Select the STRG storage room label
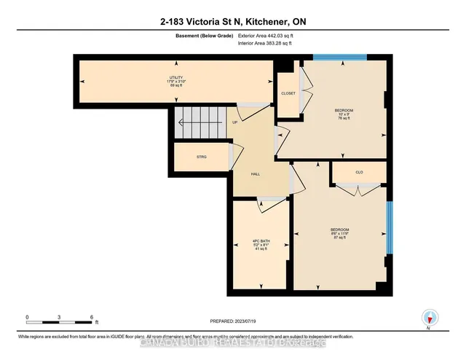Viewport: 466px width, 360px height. pyautogui.click(x=201, y=157)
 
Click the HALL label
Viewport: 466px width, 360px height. pyautogui.click(x=256, y=174)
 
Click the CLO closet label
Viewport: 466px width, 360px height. pyautogui.click(x=359, y=172)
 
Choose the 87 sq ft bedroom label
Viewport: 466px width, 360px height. pyautogui.click(x=340, y=233)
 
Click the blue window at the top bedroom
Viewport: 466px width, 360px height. pyautogui.click(x=340, y=58)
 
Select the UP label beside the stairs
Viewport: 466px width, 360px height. pyautogui.click(x=234, y=122)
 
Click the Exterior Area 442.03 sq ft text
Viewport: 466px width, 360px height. pyautogui.click(x=269, y=35)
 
